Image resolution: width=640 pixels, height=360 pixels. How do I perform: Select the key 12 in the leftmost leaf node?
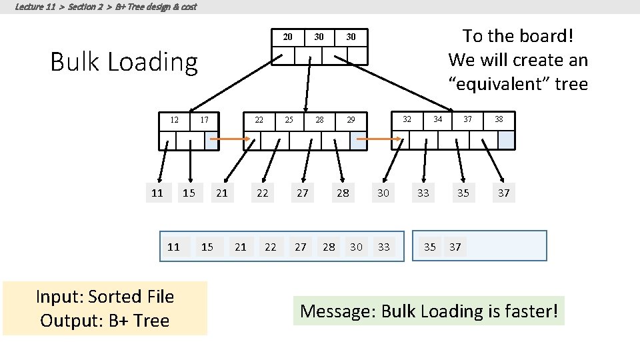(174, 120)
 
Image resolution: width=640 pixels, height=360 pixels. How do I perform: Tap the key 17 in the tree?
(205, 120)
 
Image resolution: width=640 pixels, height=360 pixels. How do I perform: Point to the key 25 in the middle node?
(289, 120)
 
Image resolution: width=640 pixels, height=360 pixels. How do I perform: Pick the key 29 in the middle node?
(351, 120)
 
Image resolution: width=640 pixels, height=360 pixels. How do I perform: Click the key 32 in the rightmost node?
(407, 119)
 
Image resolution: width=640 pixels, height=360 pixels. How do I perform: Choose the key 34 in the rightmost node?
(437, 119)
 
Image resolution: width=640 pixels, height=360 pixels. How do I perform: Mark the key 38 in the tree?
(499, 119)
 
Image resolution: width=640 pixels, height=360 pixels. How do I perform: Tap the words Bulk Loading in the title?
(125, 62)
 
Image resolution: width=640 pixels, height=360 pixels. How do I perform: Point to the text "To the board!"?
(518, 35)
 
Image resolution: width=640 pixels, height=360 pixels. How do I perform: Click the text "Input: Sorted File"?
(105, 297)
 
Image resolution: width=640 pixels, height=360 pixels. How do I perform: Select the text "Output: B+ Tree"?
(105, 321)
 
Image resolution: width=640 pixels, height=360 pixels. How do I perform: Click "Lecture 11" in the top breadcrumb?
(35, 7)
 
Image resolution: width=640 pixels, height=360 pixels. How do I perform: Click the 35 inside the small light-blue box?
(430, 247)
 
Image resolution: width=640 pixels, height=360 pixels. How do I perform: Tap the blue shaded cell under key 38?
(507, 139)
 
